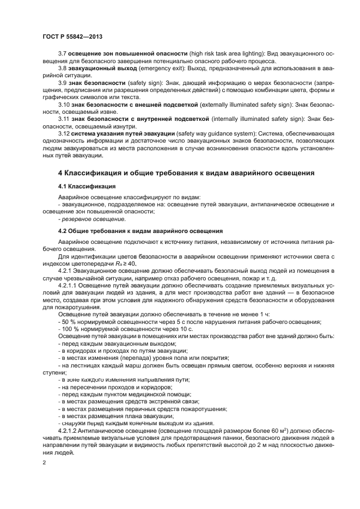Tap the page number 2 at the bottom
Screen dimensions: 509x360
pos(45,462)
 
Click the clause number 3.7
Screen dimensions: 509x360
pos(62,53)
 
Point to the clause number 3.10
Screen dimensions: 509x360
pos(64,103)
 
